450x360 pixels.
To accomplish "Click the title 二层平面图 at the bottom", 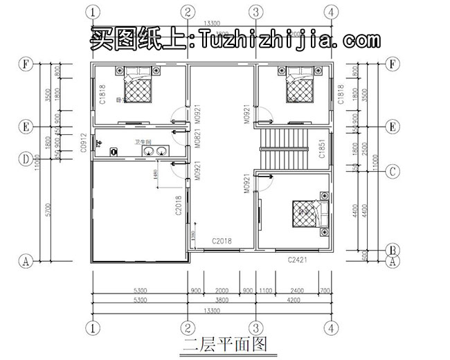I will coord(224,344).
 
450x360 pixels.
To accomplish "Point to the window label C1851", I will coord(322,150).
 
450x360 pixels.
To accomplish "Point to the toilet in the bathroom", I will coord(102,145).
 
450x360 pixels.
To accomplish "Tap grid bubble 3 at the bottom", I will coord(255,326).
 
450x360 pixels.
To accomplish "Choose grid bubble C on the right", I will coord(393,170).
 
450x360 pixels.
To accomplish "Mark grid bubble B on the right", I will coord(393,250).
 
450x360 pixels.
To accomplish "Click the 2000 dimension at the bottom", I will coord(222,291).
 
